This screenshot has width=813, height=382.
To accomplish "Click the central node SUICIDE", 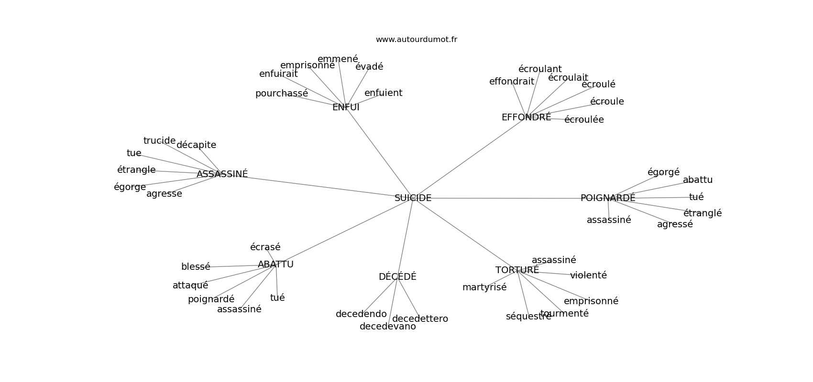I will [x=413, y=198].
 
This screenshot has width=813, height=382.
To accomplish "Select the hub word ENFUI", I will [x=345, y=107].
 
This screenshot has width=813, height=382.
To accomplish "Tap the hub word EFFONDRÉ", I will [x=526, y=117].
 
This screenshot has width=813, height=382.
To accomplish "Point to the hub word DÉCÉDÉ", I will [x=397, y=277].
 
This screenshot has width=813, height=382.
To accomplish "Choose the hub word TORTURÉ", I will [x=517, y=270].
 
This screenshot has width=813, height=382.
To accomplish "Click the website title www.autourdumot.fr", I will [x=416, y=40].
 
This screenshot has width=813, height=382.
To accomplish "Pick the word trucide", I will [x=159, y=141].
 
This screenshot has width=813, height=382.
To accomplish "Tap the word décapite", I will [x=196, y=145].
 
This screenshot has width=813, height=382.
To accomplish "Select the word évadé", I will [x=369, y=67].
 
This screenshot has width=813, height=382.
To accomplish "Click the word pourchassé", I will [x=281, y=94].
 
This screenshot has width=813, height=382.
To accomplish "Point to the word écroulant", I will [x=540, y=69].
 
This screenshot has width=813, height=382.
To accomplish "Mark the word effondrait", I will [x=511, y=82].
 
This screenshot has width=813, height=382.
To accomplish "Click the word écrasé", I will [x=265, y=247].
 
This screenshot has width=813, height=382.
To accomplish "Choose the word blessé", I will [x=195, y=267].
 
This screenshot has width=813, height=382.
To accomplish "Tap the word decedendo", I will [x=361, y=314].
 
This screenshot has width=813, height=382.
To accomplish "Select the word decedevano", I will [x=387, y=327].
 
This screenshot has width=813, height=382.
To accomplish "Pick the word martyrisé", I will [x=484, y=287].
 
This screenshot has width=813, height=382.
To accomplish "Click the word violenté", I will [x=588, y=276].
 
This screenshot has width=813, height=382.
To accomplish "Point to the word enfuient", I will [x=383, y=93].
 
